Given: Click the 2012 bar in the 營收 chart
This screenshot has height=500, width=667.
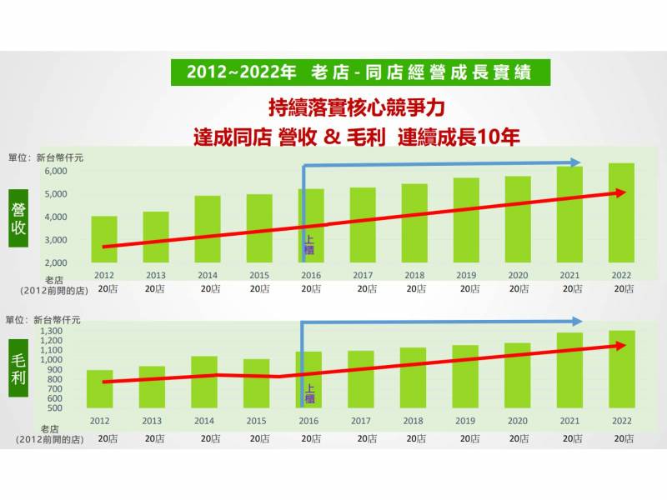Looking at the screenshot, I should point(104,239).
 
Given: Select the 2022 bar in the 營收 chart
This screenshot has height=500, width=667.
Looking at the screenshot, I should point(621,212).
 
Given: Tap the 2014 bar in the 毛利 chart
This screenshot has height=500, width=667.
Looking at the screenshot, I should point(204,382).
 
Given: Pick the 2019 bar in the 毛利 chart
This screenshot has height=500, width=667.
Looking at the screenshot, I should point(465,376).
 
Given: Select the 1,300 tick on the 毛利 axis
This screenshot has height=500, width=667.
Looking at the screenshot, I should point(52,332).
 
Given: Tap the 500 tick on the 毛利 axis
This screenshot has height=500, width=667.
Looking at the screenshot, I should point(55,407).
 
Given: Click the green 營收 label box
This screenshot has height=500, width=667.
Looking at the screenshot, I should point(19,218).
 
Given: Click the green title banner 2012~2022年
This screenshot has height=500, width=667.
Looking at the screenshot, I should point(360,72).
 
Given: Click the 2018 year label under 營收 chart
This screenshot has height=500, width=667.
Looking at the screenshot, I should point(414,274).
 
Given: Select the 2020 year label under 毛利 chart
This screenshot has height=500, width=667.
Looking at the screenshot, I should point(517,420).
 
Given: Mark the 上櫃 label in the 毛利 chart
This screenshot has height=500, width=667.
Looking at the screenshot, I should point(310,392).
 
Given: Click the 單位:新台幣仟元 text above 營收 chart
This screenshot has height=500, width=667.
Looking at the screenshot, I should point(46,157).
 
